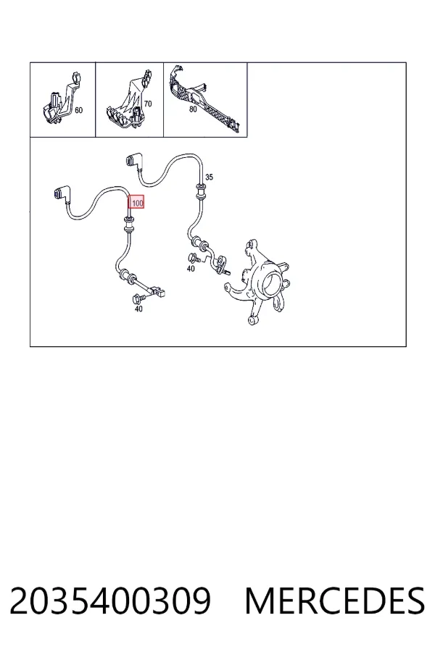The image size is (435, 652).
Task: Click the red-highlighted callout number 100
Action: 136,203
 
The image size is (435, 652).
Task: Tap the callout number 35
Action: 209,177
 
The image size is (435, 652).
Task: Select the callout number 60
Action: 79,110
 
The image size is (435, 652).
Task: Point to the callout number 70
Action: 148,104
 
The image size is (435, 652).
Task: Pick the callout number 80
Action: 193,109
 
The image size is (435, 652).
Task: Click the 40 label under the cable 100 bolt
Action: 138,309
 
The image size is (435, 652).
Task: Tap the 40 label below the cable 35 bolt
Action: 191,269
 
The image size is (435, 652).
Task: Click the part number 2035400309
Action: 110,601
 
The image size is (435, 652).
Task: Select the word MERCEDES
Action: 335,601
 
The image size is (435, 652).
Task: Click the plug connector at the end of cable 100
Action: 60,193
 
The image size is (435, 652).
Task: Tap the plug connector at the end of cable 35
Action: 133,161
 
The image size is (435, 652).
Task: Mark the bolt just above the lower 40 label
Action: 138,298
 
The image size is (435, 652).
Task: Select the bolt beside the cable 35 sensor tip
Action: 194,258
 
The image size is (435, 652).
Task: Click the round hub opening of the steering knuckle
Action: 272,281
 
